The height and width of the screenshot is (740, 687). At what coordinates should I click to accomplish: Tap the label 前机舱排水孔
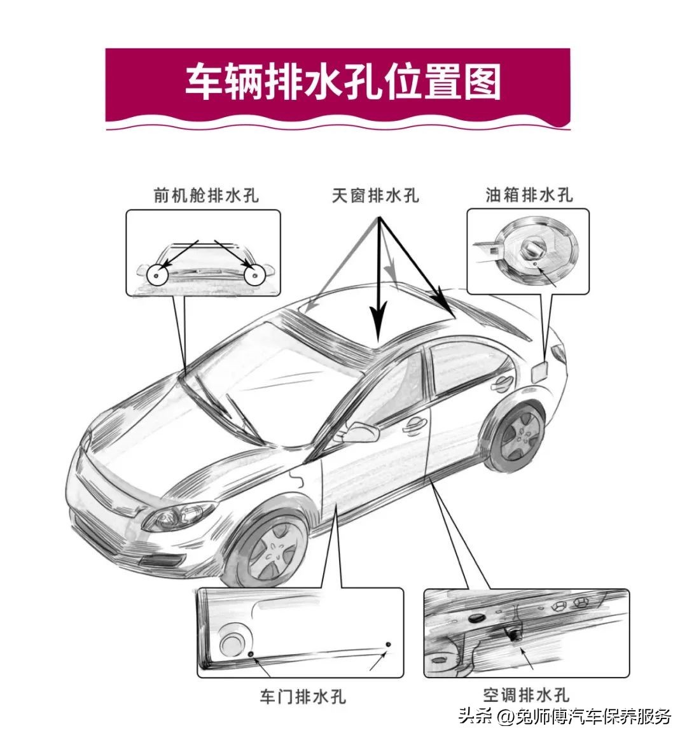click(x=206, y=195)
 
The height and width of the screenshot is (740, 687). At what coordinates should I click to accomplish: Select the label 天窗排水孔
click(x=375, y=195)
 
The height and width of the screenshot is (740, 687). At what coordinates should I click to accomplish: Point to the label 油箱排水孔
click(x=529, y=195)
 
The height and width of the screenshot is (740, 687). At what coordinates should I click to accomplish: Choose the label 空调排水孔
click(x=525, y=695)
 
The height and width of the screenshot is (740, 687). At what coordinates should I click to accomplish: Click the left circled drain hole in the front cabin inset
click(x=156, y=275)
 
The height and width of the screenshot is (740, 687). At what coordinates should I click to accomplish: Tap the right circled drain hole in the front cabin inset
click(x=254, y=275)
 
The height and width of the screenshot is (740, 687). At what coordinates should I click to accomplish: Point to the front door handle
click(x=414, y=423)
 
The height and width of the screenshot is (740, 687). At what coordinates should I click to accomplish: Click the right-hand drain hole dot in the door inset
click(x=389, y=645)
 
